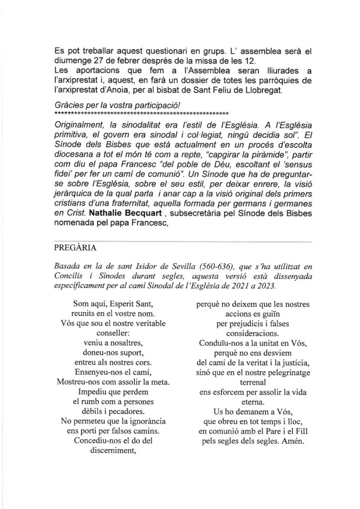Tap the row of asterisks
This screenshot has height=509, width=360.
142,114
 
